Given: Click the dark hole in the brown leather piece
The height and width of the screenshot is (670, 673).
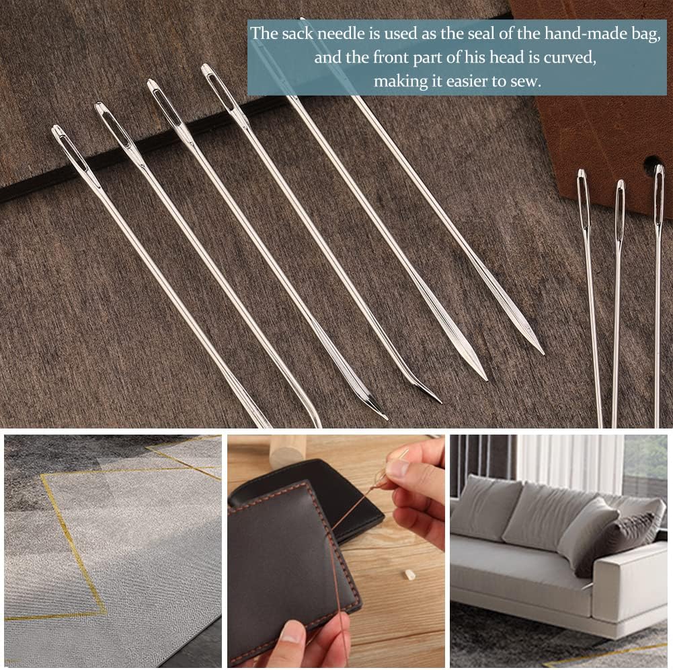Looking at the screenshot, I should point(651,164).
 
